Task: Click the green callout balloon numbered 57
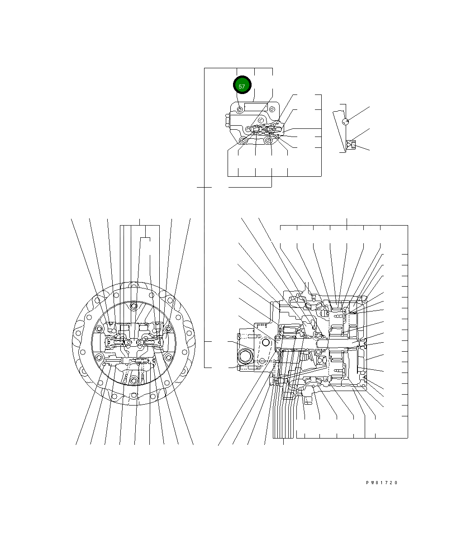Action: (242, 85)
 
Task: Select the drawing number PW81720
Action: (381, 482)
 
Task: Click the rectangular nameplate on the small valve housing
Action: (256, 107)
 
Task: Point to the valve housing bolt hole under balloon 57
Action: (240, 109)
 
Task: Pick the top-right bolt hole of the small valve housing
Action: (272, 109)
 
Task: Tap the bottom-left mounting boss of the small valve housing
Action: (243, 141)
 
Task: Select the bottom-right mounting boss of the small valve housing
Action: (267, 141)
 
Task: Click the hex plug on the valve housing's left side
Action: (228, 120)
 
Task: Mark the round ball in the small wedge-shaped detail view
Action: (346, 122)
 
